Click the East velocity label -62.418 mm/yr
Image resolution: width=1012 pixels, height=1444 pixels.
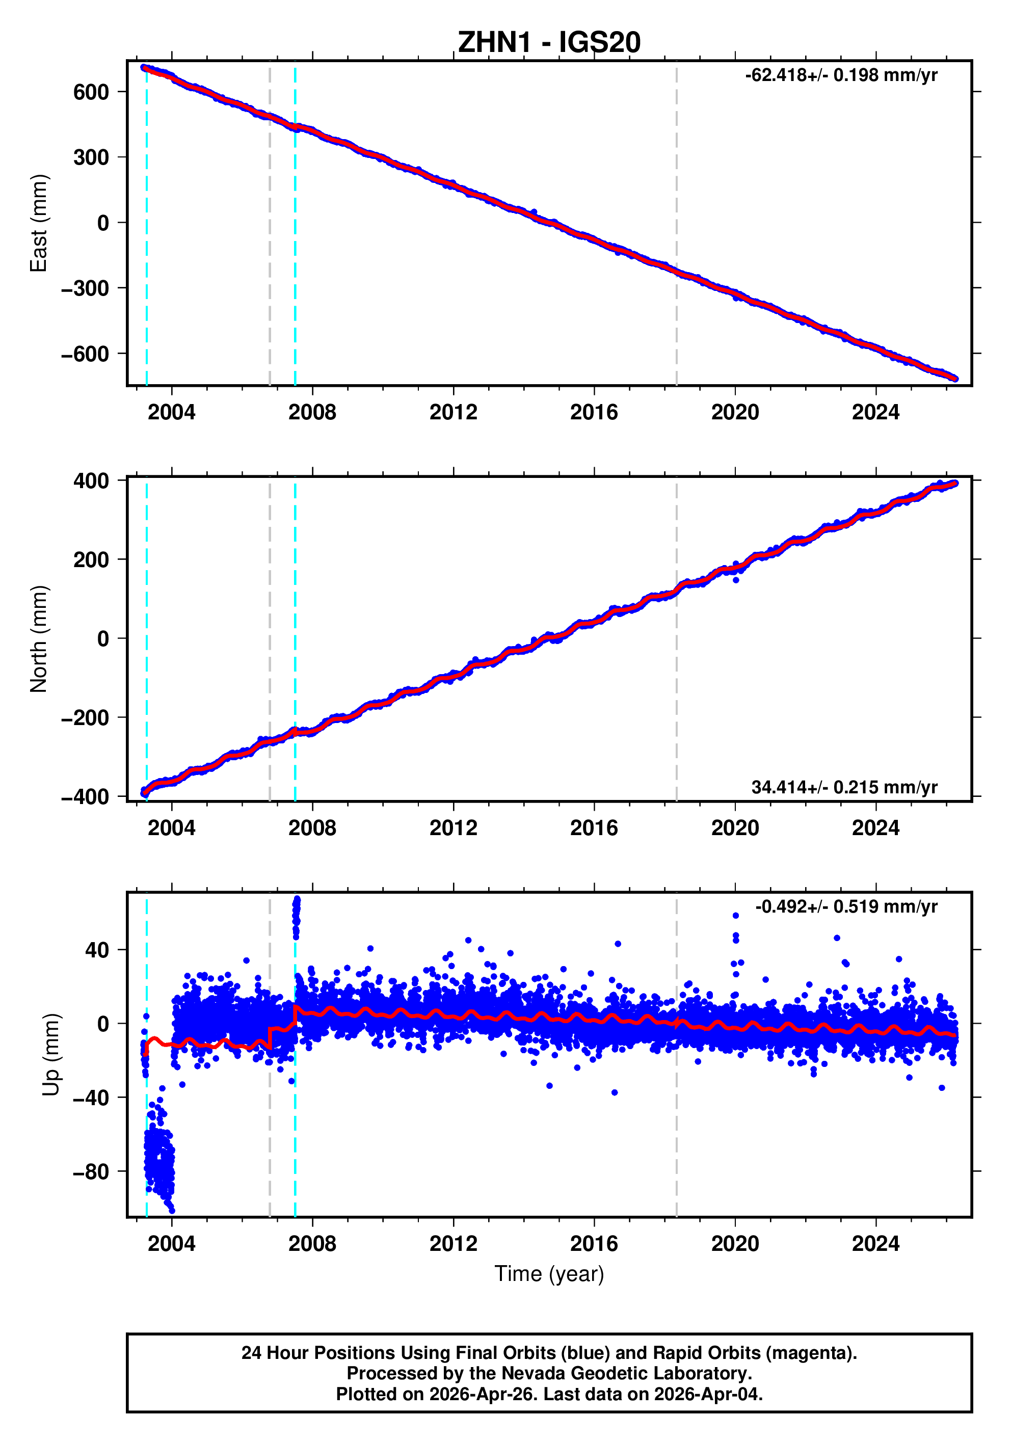[840, 75]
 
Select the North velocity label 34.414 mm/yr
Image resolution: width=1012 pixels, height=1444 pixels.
[843, 787]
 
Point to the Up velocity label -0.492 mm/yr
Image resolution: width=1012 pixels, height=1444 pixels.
[845, 906]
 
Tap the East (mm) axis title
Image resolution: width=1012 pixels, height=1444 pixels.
[39, 223]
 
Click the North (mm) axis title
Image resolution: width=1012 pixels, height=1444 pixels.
[39, 639]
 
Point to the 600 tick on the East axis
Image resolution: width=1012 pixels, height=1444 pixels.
[91, 92]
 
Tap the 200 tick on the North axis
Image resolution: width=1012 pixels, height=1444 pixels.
[91, 560]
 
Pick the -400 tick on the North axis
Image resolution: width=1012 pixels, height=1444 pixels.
[85, 797]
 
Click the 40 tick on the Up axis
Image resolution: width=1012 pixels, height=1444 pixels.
[97, 950]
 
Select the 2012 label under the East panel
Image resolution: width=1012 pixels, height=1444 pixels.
[453, 413]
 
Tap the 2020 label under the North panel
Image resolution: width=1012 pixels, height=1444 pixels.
[735, 828]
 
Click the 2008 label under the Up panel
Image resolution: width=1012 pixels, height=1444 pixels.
[312, 1243]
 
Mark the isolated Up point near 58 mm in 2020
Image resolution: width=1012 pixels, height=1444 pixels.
[735, 916]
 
